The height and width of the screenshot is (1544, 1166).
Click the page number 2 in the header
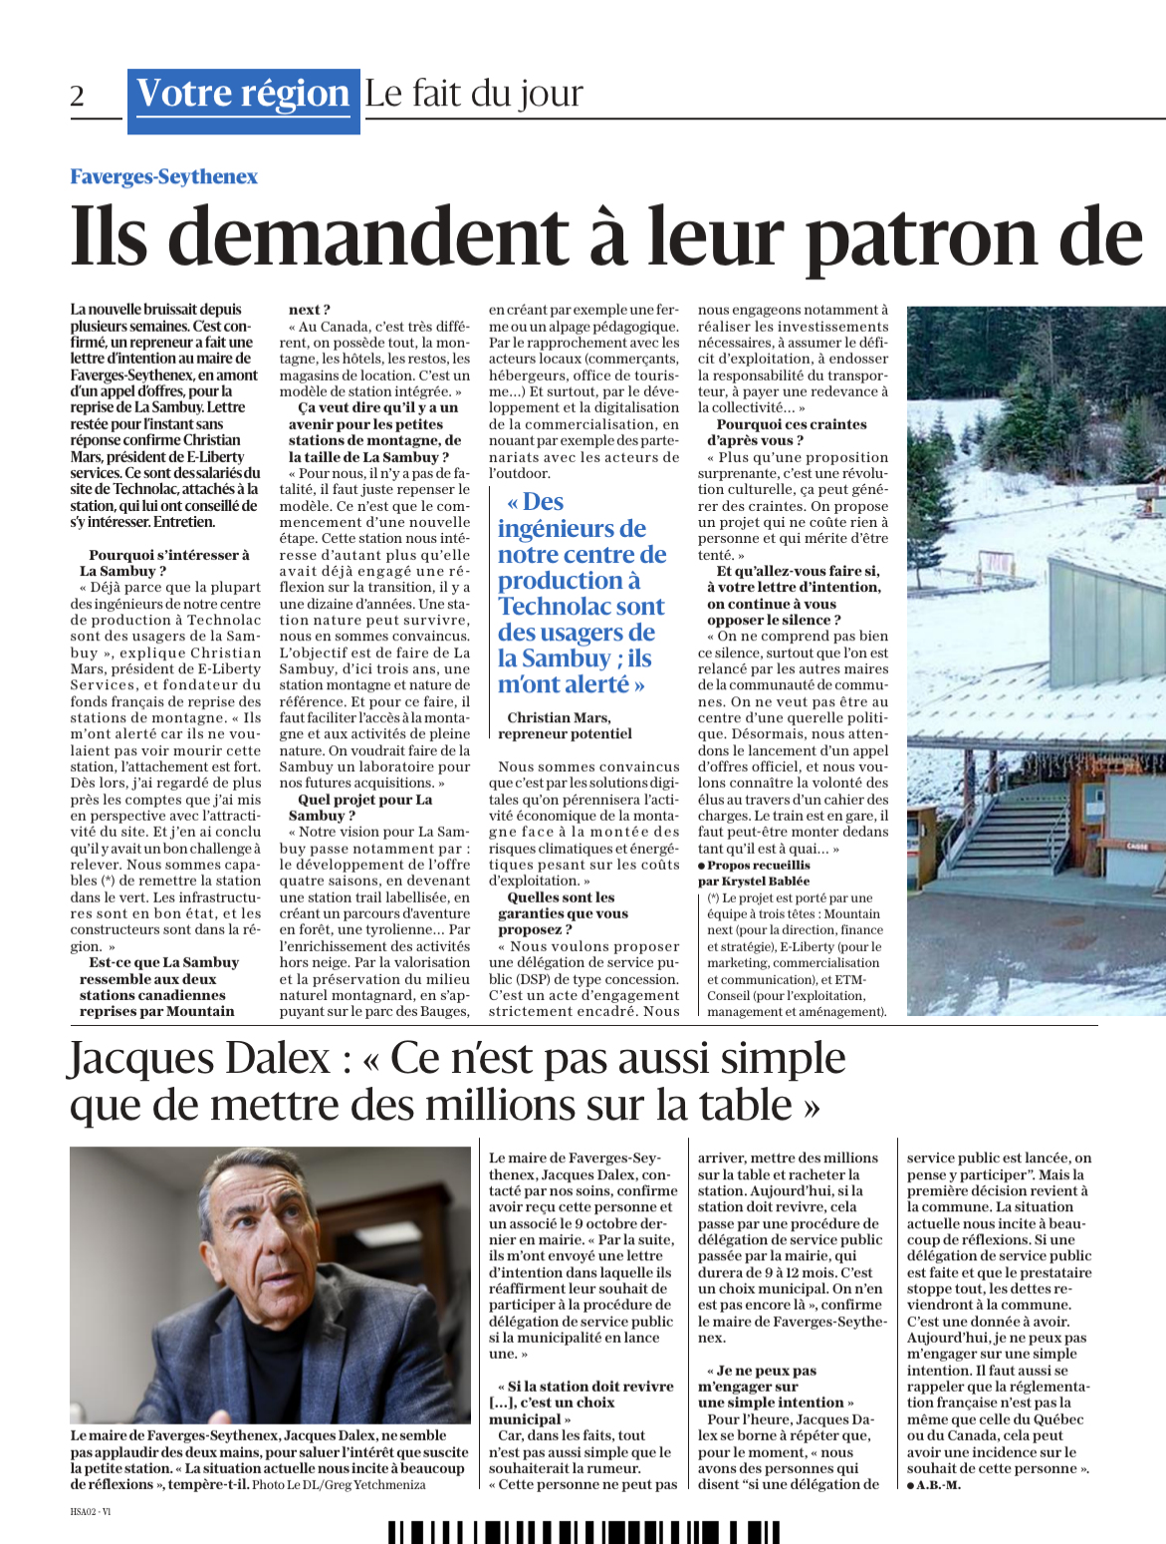click(x=78, y=96)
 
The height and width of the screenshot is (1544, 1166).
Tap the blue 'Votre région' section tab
click(x=243, y=94)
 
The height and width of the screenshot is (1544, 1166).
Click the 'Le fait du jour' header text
click(x=474, y=94)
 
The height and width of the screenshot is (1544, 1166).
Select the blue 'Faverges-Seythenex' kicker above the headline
click(x=163, y=176)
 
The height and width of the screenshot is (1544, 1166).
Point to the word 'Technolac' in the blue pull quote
click(x=582, y=607)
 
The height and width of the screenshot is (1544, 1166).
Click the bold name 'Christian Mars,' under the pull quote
click(x=559, y=717)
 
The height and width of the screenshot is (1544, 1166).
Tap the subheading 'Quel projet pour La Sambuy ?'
click(x=364, y=807)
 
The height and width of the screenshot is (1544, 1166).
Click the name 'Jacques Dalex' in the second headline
click(x=199, y=1058)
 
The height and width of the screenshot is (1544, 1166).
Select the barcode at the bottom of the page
click(x=583, y=1532)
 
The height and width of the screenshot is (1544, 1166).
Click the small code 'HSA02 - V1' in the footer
click(x=91, y=1511)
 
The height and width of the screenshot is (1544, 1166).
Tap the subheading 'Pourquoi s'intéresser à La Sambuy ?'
click(x=164, y=563)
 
